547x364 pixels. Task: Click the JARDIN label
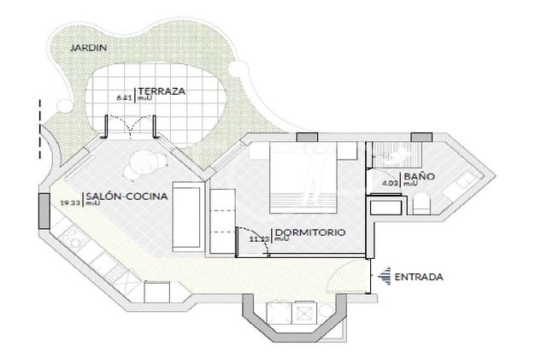[88, 48]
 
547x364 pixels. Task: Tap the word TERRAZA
[162, 92]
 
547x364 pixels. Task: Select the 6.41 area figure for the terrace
[125, 98]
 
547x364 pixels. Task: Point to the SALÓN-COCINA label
[126, 196]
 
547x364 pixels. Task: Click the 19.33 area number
[72, 203]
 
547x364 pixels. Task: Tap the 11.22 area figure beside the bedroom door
[257, 239]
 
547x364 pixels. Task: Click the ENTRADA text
[421, 277]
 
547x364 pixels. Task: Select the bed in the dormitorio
[306, 178]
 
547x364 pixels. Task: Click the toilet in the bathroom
[421, 203]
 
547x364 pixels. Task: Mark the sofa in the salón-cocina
[186, 214]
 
